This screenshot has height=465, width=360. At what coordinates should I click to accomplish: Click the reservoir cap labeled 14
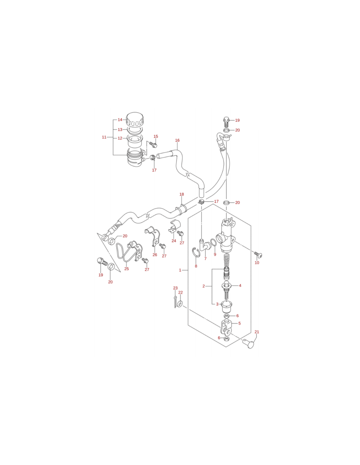click(135, 119)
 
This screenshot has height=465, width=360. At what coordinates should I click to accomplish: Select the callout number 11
click(104, 137)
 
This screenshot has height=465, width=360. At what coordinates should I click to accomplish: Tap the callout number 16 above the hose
click(177, 140)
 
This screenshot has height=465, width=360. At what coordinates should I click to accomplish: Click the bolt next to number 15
click(153, 145)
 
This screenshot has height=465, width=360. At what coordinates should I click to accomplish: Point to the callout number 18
click(182, 194)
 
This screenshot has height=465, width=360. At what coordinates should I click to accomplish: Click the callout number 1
click(180, 270)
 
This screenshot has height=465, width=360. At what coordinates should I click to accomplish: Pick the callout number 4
click(240, 285)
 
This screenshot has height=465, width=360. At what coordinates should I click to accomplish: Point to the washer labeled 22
click(180, 303)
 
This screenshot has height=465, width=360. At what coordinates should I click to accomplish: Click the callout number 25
click(127, 269)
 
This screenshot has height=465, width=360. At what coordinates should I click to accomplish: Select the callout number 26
click(155, 255)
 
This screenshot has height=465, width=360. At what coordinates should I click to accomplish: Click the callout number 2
click(204, 286)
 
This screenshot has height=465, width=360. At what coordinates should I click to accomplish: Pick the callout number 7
click(206, 259)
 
